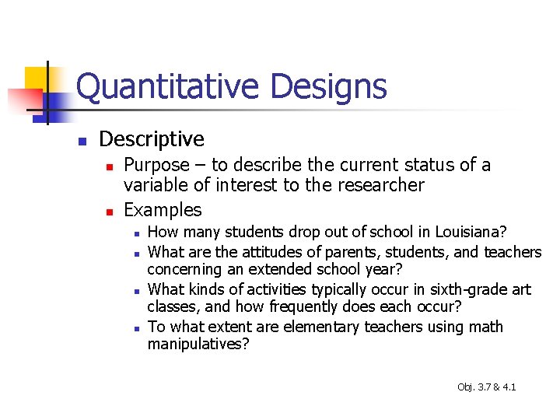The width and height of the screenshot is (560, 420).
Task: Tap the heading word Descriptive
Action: [x=152, y=139]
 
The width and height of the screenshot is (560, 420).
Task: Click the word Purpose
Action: [x=156, y=165]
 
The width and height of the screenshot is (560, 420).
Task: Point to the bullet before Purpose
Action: [x=110, y=166]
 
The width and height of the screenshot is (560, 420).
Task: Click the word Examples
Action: [x=163, y=210]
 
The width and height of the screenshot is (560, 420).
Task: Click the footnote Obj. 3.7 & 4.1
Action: [x=487, y=387]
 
